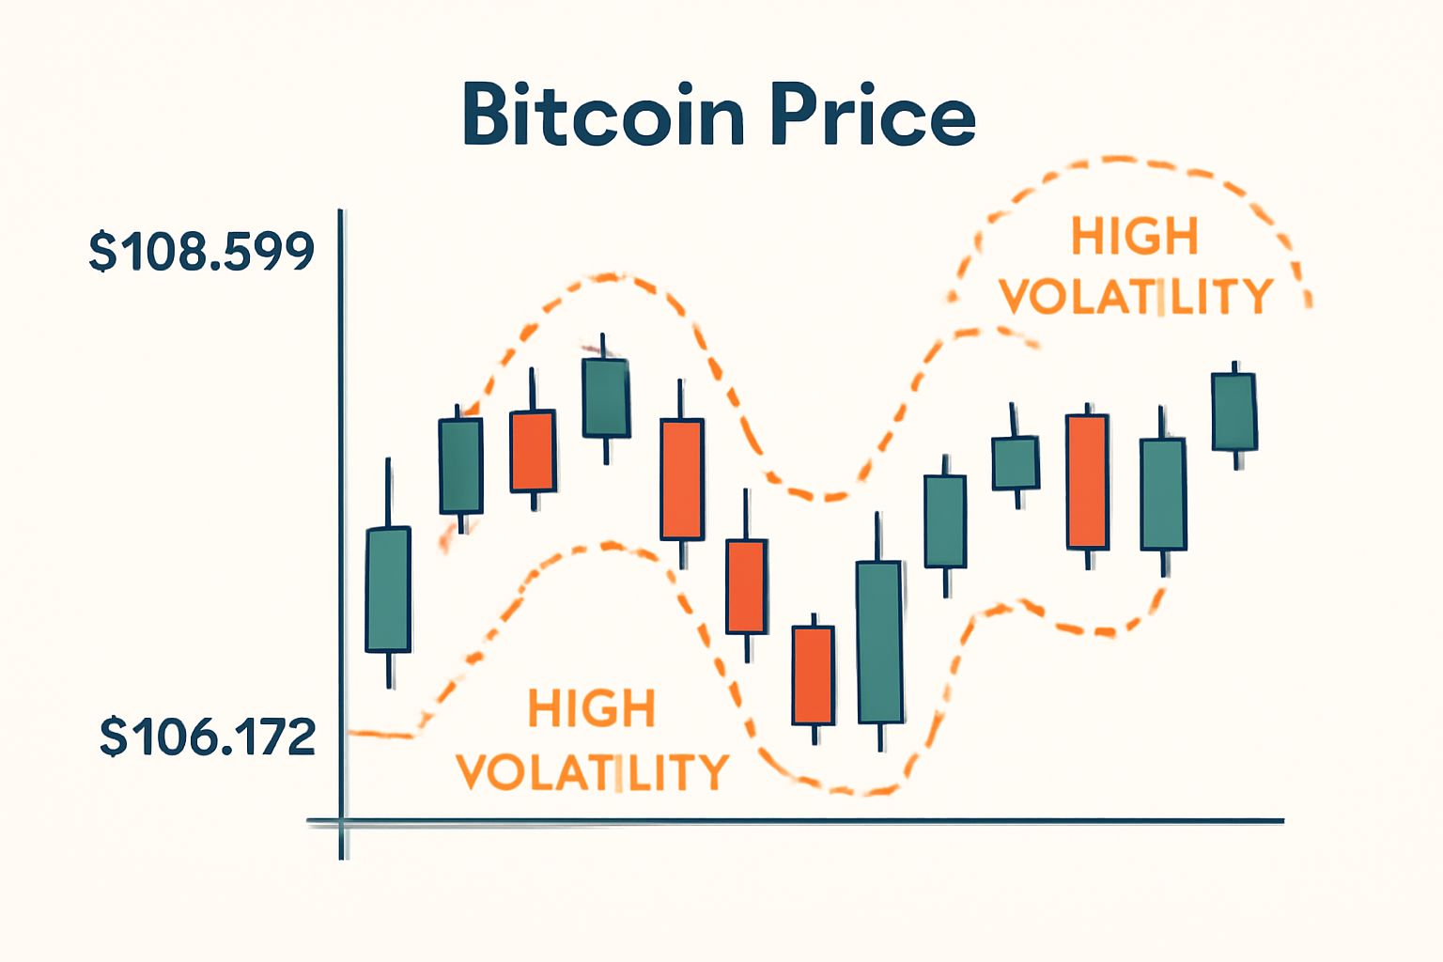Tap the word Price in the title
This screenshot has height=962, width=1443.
tap(873, 115)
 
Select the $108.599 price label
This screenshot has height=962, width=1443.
tap(201, 252)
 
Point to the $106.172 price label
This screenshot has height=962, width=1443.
tap(208, 737)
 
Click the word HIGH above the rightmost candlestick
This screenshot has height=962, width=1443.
tap(1135, 237)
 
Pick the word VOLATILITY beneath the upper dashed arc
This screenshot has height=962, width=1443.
tap(1136, 297)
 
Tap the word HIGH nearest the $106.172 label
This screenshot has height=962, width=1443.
tap(591, 709)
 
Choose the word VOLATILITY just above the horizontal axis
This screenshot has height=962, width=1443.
tap(592, 772)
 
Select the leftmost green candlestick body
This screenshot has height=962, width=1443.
tap(388, 589)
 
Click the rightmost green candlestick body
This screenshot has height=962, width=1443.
tap(1234, 411)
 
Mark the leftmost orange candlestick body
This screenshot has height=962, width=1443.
tap(533, 451)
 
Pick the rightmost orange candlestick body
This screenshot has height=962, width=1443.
tap(1087, 481)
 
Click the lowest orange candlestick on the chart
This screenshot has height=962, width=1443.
tap(813, 675)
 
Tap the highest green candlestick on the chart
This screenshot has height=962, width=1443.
tap(605, 397)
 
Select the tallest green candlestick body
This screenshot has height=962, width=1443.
tap(880, 642)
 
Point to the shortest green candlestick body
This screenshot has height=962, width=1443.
tap(1016, 462)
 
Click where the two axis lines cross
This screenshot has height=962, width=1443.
tap(343, 822)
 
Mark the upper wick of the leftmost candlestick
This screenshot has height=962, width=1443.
tap(388, 492)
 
